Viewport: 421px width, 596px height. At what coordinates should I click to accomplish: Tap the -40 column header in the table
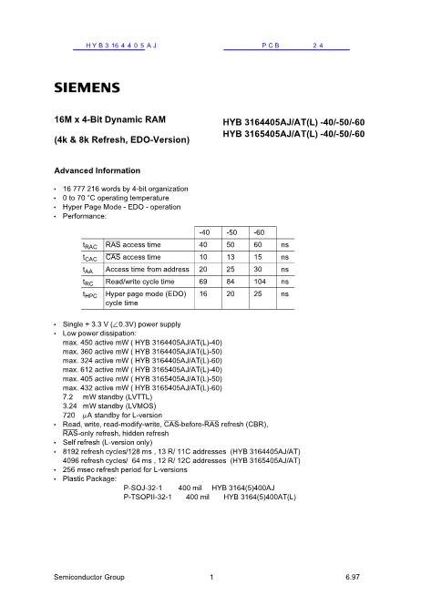[206, 232]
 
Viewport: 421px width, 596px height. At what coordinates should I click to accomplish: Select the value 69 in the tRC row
[205, 283]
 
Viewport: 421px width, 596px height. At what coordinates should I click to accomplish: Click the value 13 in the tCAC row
[231, 258]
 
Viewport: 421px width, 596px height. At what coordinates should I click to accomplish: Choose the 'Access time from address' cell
[149, 270]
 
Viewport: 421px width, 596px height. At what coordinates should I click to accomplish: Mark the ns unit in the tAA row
[285, 270]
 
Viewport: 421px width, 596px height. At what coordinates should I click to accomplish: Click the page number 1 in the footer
[210, 577]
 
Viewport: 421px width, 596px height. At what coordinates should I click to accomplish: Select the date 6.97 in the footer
[353, 577]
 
